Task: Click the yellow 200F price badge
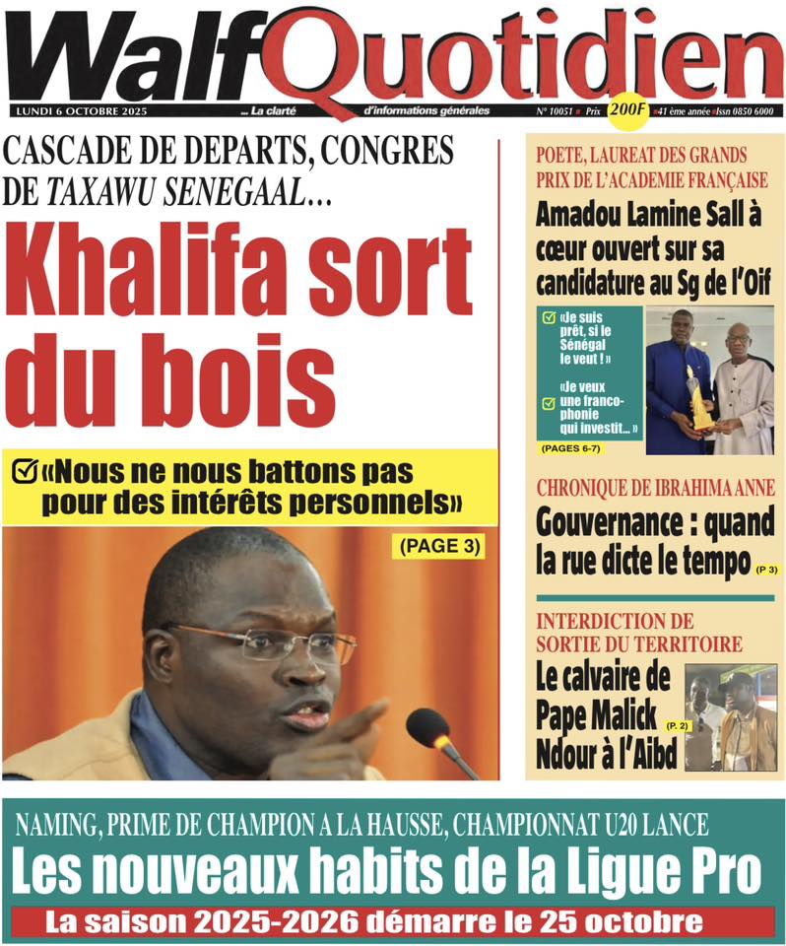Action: click(x=628, y=111)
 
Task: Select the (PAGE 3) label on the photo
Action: click(x=438, y=546)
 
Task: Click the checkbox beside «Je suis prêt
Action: click(x=549, y=317)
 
